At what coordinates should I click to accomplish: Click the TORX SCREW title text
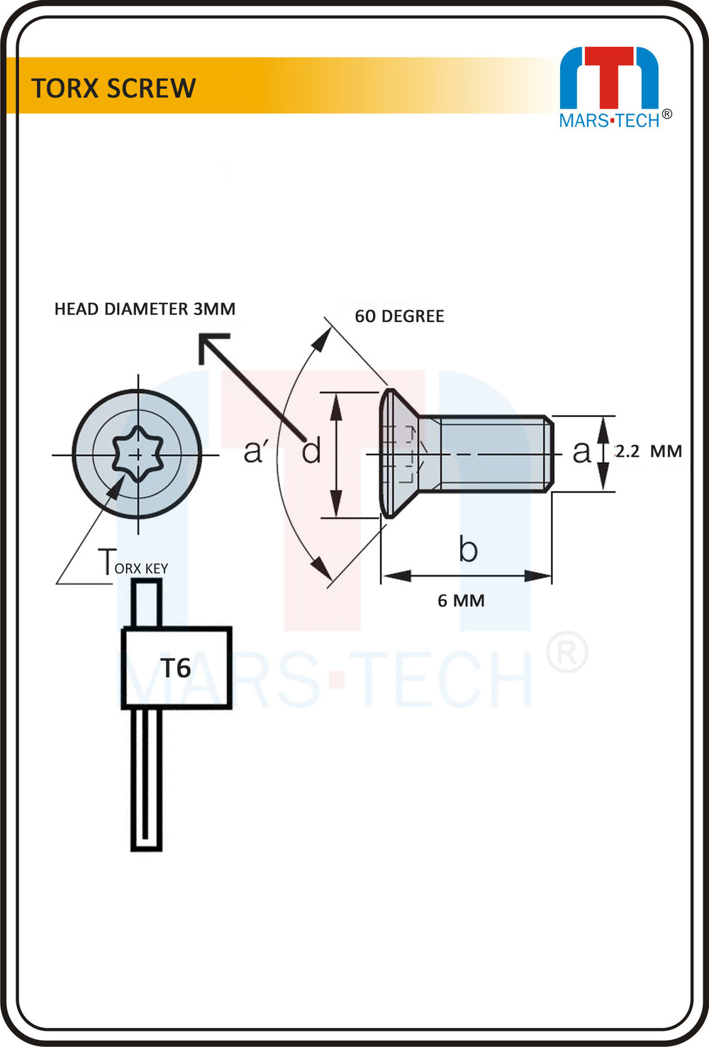pyautogui.click(x=113, y=88)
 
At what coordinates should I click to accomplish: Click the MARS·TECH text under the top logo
pyautogui.click(x=609, y=121)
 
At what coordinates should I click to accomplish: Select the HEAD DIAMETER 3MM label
pyautogui.click(x=145, y=309)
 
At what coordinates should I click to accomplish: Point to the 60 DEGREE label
pyautogui.click(x=399, y=316)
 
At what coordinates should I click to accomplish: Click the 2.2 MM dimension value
pyautogui.click(x=649, y=452)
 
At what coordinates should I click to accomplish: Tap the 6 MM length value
pyautogui.click(x=461, y=601)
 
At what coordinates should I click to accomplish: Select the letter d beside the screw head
pyautogui.click(x=311, y=450)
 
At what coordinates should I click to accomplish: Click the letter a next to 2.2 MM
pyautogui.click(x=581, y=453)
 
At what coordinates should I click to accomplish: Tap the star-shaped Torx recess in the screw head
pyautogui.click(x=138, y=454)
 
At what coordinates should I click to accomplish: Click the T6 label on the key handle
pyautogui.click(x=176, y=668)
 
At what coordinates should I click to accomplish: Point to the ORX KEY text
pyautogui.click(x=141, y=568)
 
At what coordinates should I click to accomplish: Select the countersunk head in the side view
pyautogui.click(x=399, y=453)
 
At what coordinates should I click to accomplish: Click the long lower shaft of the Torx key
pyautogui.click(x=146, y=780)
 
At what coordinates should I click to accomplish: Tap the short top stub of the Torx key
pyautogui.click(x=146, y=603)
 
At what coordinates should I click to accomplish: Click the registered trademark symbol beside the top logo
pyautogui.click(x=667, y=114)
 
